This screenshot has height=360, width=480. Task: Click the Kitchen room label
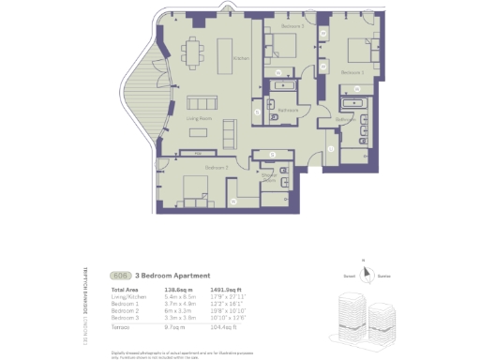[x=241, y=58]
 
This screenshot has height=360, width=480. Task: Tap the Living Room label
[x=197, y=119]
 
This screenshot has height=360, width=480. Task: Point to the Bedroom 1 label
[x=351, y=71]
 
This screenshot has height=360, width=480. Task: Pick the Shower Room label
[x=268, y=177]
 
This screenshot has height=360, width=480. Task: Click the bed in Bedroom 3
[x=285, y=47]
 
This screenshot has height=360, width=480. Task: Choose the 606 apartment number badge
[x=120, y=276]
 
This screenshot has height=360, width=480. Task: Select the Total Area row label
[x=126, y=291]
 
